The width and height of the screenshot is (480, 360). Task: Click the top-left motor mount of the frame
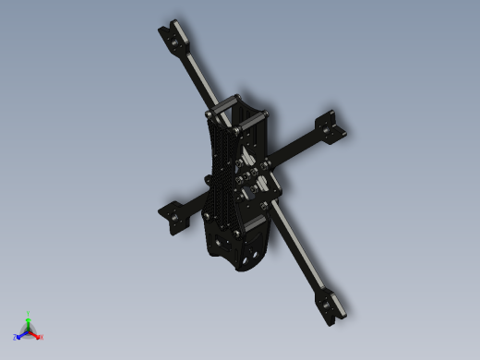coord(174,36)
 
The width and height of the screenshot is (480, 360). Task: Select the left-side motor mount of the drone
coord(173,216)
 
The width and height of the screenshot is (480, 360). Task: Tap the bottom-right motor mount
coord(330,306)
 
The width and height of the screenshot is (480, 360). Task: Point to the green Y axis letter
coord(29,314)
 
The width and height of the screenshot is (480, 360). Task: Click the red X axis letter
coord(42,337)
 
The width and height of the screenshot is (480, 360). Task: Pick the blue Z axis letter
coord(16,337)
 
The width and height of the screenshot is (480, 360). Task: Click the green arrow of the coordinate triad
coord(29,322)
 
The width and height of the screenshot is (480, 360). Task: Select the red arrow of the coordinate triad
coord(35,334)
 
